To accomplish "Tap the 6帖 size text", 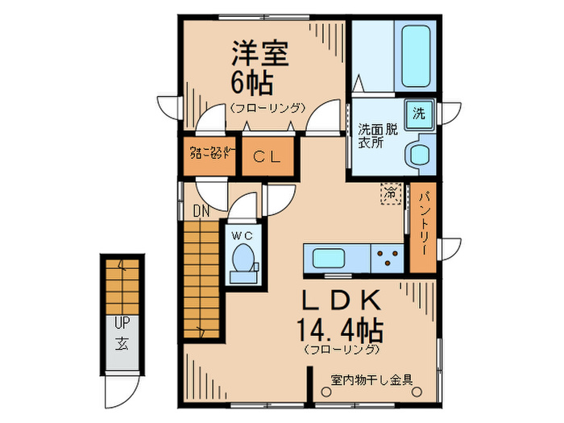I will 253,81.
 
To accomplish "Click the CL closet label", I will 267,157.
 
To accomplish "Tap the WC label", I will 243,235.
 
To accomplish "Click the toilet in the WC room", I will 243,259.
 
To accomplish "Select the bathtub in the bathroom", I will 416,50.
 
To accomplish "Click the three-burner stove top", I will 388,259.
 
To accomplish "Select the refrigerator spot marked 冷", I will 391,193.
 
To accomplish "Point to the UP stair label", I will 121,323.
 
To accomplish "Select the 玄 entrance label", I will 121,345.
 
